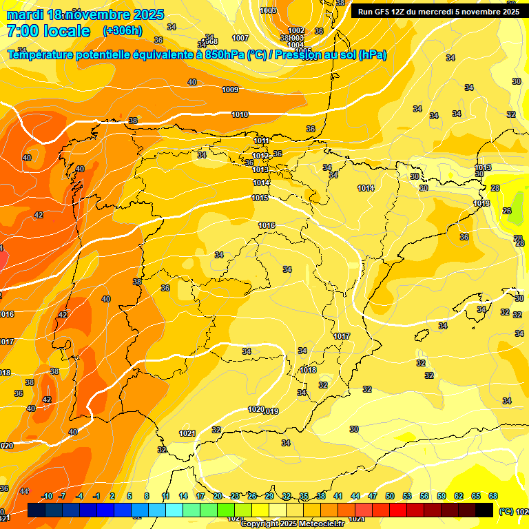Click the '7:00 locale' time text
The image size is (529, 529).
click(x=48, y=31)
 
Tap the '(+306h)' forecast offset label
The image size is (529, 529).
click(x=122, y=31)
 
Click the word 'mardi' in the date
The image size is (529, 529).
click(x=25, y=14)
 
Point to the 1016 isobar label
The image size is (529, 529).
click(x=267, y=225)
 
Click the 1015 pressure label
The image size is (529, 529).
click(x=260, y=198)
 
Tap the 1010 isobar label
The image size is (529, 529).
click(x=240, y=114)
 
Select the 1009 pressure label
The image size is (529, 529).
click(x=230, y=90)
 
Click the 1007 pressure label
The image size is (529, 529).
click(x=240, y=38)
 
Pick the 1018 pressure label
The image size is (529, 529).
click(x=308, y=370)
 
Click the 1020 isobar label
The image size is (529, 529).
click(x=256, y=409)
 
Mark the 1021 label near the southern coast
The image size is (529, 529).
click(x=187, y=433)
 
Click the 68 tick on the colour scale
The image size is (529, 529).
click(x=493, y=496)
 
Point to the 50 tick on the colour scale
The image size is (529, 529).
click(x=390, y=496)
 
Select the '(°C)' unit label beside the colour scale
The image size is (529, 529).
click(x=506, y=511)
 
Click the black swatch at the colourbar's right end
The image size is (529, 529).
click(x=484, y=510)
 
